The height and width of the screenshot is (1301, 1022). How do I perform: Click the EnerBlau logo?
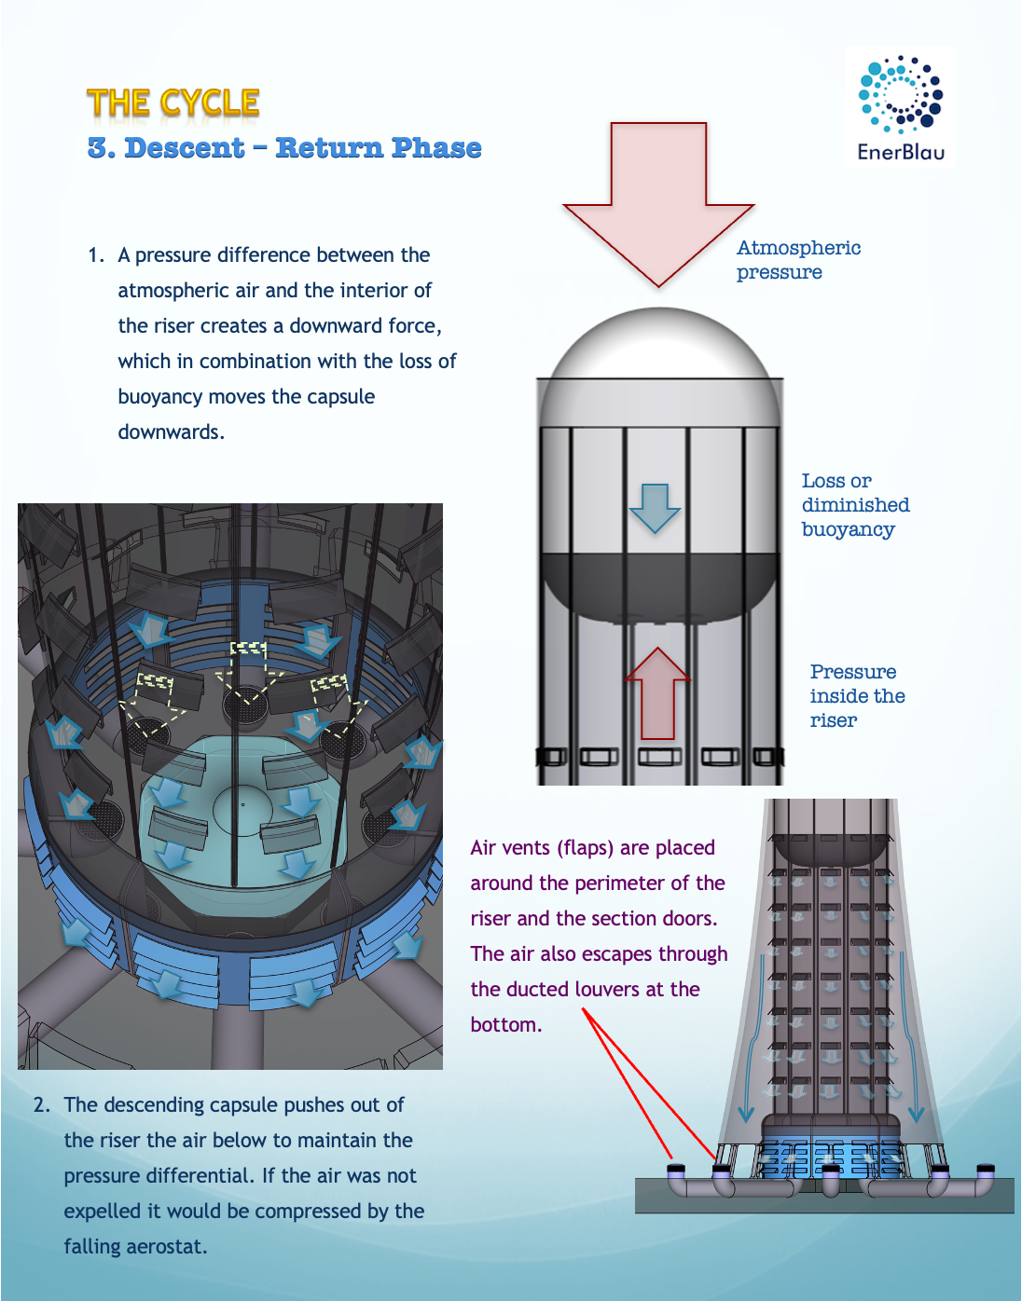tap(900, 106)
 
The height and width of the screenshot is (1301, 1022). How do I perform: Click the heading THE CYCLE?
tap(173, 103)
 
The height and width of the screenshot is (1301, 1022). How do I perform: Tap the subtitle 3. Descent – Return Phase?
tap(284, 148)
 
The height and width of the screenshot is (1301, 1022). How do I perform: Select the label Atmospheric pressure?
tap(797, 260)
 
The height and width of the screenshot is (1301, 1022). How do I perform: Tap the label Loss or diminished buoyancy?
tap(854, 505)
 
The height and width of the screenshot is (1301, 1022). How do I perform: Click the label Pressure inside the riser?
tap(856, 696)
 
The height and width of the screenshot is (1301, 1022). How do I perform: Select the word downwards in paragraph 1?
tap(170, 432)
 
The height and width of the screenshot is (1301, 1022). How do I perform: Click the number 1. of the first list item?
tap(96, 255)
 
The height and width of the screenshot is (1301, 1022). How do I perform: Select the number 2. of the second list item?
tap(42, 1105)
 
